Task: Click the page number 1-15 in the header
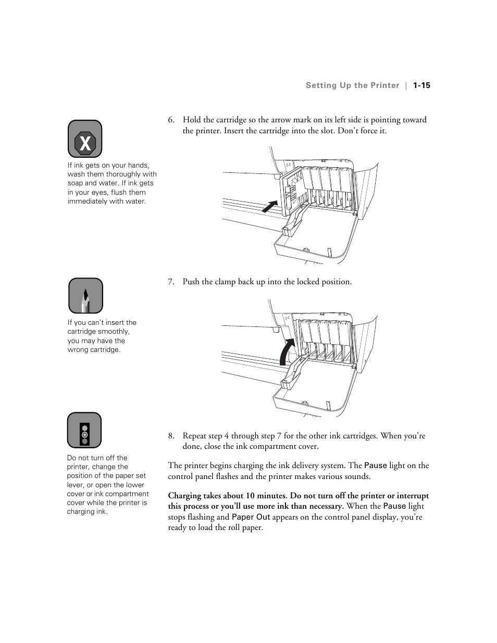tap(421, 85)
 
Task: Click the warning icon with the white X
tap(85, 139)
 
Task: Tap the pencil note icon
tap(85, 296)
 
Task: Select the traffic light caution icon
tap(84, 431)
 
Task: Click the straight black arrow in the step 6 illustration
tap(269, 206)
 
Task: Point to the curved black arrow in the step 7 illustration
tap(286, 351)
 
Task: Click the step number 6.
tap(171, 120)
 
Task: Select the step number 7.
tap(171, 282)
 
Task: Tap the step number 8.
tap(171, 436)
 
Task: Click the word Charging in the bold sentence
tap(184, 496)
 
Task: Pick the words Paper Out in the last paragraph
tap(251, 517)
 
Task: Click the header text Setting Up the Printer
tap(352, 85)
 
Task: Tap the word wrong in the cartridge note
tap(78, 350)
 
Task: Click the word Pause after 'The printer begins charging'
tap(375, 465)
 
